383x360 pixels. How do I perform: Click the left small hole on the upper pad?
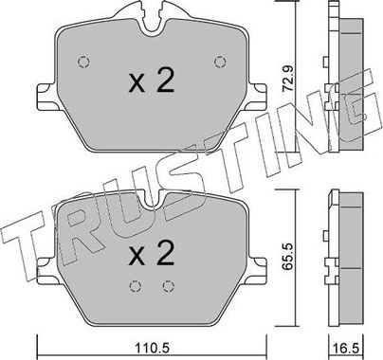click(x=82, y=63)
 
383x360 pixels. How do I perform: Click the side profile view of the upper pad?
click(x=344, y=81)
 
